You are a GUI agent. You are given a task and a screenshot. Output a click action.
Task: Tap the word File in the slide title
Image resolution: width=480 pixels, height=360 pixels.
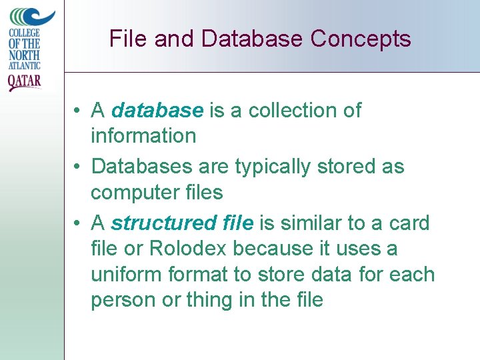[128, 39]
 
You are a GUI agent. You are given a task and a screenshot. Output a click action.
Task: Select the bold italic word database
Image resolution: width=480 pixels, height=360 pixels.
[157, 111]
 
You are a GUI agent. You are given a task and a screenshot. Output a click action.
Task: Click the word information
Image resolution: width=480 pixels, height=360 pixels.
[143, 136]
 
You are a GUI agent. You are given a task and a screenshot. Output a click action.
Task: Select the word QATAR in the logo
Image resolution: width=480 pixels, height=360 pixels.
[24, 82]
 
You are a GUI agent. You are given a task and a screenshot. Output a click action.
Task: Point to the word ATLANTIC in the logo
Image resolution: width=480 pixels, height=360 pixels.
[25, 65]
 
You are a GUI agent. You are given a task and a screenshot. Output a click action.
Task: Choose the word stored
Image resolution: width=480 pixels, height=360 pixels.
[345, 166]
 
